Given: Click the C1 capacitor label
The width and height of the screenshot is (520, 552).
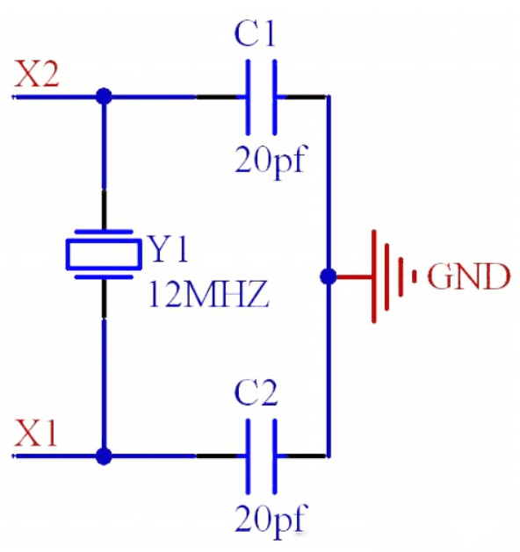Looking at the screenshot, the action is click(255, 33).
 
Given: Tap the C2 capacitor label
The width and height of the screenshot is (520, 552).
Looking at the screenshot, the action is click(256, 392).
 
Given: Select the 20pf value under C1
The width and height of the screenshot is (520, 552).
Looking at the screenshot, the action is click(271, 161).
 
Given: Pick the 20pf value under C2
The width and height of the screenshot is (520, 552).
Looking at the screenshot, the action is click(271, 520).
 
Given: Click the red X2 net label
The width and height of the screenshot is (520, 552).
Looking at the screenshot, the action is click(37, 74).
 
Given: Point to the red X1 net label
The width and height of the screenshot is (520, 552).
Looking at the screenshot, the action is click(35, 433).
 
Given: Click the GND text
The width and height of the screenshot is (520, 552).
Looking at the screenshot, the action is click(468, 276).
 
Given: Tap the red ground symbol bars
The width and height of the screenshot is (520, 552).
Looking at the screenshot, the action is click(394, 276).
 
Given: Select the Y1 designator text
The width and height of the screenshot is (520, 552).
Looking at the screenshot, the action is click(170, 249).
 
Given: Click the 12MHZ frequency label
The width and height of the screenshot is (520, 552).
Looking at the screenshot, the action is click(209, 294).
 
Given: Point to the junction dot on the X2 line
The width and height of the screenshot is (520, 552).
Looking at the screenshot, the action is click(104, 97).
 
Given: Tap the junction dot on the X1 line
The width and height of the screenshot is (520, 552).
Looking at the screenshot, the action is click(104, 456).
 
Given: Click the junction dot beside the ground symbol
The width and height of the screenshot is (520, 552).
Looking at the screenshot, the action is click(329, 276).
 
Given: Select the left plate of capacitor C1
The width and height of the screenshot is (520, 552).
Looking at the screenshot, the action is click(248, 97).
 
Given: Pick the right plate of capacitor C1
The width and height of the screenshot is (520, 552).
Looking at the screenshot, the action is click(275, 97).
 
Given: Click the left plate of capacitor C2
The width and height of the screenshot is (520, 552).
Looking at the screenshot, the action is click(248, 456).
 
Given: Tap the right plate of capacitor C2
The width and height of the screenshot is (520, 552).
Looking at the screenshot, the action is click(275, 456).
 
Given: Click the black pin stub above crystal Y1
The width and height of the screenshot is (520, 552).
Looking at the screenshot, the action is click(104, 210).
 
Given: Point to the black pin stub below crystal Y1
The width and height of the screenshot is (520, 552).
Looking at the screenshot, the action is click(104, 298).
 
